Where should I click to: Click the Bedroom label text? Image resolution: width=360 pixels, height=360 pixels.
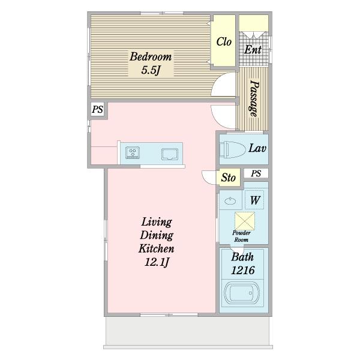151,56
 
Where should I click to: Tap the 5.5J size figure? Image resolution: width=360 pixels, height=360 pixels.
151,70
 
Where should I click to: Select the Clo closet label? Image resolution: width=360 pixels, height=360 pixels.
224,42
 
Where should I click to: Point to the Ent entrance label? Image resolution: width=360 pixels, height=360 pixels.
253,49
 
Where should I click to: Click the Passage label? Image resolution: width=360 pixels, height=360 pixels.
254,98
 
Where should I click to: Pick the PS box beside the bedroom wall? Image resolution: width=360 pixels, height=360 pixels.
97,109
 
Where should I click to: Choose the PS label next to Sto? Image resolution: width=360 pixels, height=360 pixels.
256,173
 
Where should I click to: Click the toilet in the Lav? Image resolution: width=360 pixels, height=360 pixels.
231,149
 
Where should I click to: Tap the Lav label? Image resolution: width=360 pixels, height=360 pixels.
257,148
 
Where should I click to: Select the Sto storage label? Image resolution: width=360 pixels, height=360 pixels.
228,178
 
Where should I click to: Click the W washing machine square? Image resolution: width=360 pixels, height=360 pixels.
254,200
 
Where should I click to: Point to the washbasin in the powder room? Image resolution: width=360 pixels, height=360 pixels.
230,202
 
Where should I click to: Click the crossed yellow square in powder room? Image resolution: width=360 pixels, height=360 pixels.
245,221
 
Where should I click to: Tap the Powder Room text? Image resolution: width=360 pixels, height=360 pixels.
241,236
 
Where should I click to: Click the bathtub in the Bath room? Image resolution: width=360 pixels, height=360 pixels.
242,293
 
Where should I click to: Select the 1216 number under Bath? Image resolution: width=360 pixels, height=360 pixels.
242,270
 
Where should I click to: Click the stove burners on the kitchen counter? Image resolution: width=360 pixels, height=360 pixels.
133,152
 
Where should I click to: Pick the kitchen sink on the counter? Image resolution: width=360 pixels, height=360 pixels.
170,154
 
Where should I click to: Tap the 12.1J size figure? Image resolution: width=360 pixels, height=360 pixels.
157,262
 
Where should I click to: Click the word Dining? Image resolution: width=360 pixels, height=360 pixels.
157,235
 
